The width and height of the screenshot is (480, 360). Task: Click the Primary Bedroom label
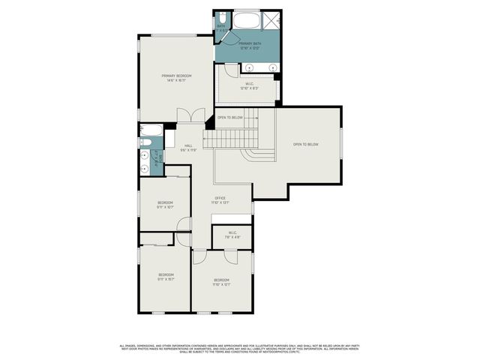[177, 78]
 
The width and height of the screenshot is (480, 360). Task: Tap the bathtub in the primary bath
[246, 19]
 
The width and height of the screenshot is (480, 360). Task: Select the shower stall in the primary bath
[271, 20]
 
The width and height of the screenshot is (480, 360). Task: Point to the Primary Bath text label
[250, 46]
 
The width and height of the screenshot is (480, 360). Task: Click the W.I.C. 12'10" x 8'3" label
[248, 86]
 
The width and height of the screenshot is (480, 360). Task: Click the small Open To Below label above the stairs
[229, 118]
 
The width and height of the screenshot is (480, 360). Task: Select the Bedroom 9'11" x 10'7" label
[165, 205]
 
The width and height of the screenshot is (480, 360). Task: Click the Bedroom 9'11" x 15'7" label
[166, 277]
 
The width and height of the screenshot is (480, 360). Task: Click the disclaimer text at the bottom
[240, 349]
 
